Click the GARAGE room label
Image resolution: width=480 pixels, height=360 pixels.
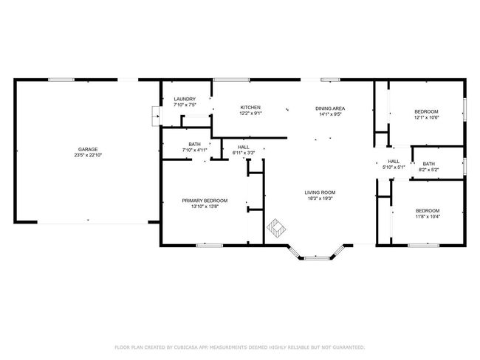pos(88,149)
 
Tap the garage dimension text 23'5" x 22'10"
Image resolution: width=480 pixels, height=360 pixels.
pos(88,155)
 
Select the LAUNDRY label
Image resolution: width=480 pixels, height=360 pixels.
pos(185,99)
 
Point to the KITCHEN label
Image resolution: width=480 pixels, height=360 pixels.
pos(250,108)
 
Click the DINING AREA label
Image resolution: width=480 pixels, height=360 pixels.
pos(330,108)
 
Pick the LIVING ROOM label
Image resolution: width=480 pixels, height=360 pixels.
pos(320,193)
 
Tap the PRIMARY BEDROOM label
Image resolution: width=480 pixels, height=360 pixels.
pos(205,201)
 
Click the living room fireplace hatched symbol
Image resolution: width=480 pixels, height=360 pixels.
pos(276,228)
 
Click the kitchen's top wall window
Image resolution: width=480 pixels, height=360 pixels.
pos(232,80)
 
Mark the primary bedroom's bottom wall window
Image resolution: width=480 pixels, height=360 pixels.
pos(210,246)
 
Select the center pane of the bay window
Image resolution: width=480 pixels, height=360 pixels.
pos(317,258)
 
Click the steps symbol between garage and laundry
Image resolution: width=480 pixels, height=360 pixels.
pos(156,117)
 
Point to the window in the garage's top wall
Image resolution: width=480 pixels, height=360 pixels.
pos(61,80)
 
